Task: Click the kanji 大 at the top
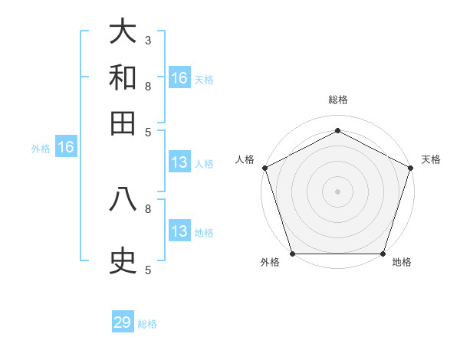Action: click(x=123, y=31)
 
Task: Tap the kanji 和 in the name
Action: click(x=123, y=77)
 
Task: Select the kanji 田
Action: click(x=123, y=123)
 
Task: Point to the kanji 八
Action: click(x=123, y=200)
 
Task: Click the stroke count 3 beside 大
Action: click(x=147, y=40)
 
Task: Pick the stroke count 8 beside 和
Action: click(x=147, y=86)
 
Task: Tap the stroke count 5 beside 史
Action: click(x=147, y=270)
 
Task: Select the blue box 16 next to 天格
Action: click(x=179, y=78)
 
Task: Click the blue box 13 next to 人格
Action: click(x=179, y=162)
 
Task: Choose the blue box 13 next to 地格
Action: click(x=179, y=231)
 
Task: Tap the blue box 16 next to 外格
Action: click(x=66, y=147)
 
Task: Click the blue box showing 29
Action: click(x=123, y=322)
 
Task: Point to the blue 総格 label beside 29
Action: click(x=147, y=324)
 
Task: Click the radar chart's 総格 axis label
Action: click(x=337, y=100)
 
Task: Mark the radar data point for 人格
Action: click(x=264, y=168)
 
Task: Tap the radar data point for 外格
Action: click(x=292, y=254)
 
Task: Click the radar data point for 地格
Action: click(x=383, y=254)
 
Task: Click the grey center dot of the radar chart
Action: click(x=337, y=191)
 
